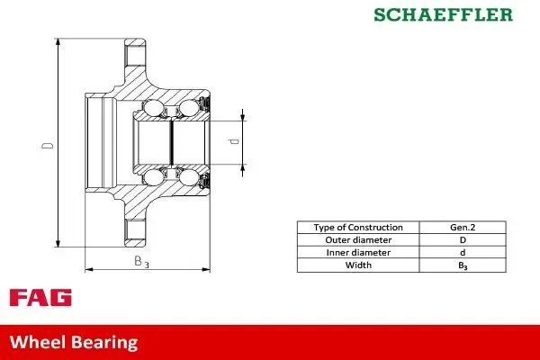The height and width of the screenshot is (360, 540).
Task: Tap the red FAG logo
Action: (40, 298)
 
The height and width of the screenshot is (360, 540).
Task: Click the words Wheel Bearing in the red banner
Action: (74, 342)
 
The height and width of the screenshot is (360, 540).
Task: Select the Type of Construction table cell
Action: (357, 228)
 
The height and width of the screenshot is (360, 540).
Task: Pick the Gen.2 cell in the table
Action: (463, 228)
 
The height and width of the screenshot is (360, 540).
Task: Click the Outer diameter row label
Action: (357, 240)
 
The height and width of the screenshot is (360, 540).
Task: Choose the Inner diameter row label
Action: (357, 253)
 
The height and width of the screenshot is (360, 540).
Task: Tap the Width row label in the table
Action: (357, 265)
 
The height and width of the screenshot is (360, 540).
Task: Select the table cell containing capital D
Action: (463, 240)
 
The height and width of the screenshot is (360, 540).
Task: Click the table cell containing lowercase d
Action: (463, 253)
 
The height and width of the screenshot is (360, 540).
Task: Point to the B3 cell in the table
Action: (463, 265)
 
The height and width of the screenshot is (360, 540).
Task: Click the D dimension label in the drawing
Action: (50, 144)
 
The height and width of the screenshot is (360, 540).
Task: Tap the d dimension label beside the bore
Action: (233, 141)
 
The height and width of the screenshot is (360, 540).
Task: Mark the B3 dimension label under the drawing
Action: (141, 262)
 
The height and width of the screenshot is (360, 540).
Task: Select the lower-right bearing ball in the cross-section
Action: (188, 176)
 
